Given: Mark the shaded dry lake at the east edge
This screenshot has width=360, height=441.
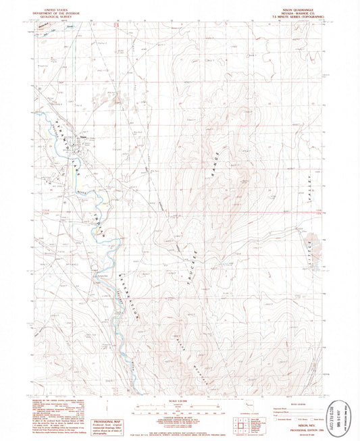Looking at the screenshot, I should click(x=311, y=241).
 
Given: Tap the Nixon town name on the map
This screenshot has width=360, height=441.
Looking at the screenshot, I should click(x=86, y=138).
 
